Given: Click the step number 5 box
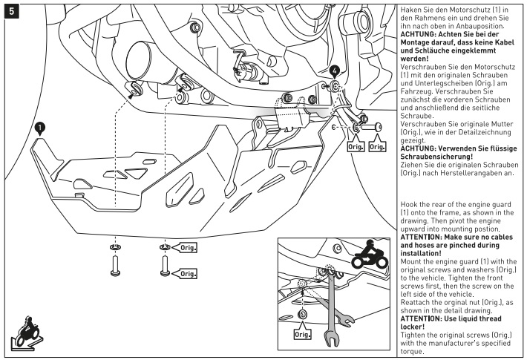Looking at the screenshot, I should [9, 10].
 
